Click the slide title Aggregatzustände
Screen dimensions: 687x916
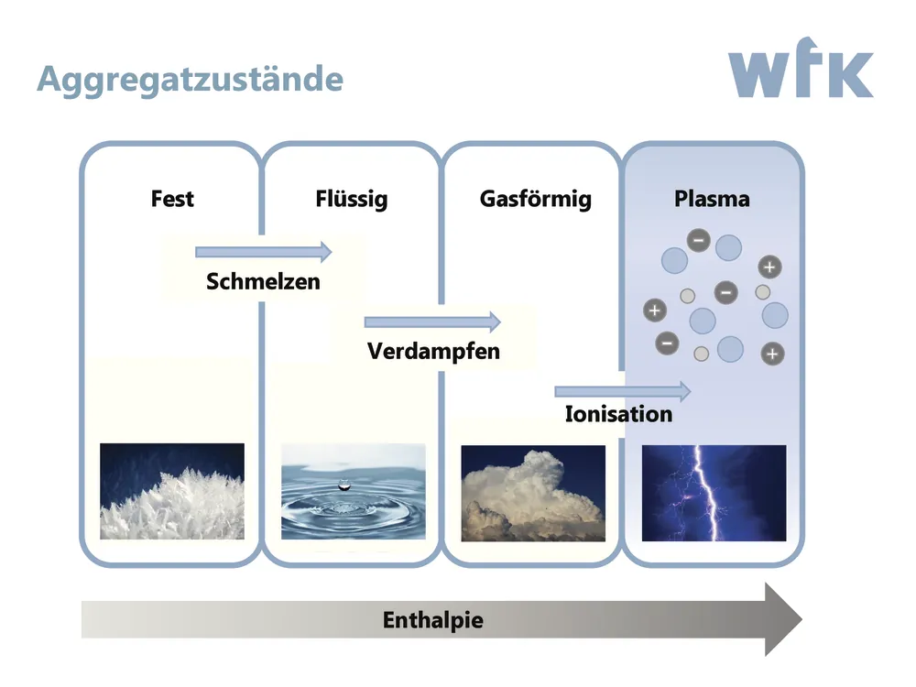[x=190, y=80]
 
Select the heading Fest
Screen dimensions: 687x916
[x=172, y=199]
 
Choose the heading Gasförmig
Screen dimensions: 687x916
[x=535, y=200]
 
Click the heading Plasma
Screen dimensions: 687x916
[x=712, y=199]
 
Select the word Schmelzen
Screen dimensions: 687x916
[x=263, y=281]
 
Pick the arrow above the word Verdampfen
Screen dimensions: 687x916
[x=432, y=322]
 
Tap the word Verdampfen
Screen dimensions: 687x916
[x=433, y=351]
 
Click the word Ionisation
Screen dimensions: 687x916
[x=618, y=414]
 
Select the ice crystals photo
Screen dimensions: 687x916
[x=172, y=492]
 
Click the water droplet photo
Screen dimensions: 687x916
[x=353, y=492]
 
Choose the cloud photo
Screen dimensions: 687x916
[x=533, y=493]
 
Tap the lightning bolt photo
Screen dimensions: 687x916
[x=714, y=493]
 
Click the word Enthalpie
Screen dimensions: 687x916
[x=432, y=620]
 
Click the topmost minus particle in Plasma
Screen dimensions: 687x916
[x=698, y=241]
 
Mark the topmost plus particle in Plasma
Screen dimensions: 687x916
[x=769, y=267]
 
